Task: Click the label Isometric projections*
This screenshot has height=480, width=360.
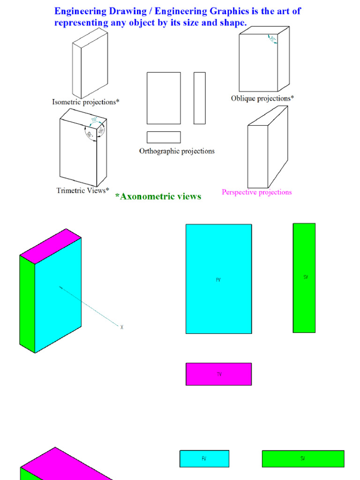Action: (85, 102)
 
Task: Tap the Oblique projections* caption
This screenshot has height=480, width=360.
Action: (262, 98)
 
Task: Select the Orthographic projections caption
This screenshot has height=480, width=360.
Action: (177, 151)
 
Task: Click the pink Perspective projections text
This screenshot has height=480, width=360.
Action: (256, 192)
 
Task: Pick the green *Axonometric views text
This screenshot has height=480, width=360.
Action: (158, 197)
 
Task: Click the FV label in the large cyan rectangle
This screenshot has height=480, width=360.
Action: (218, 280)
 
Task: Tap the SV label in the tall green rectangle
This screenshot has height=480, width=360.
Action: (306, 277)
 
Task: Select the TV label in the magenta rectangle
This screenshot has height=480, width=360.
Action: (219, 375)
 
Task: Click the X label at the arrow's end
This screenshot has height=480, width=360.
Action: (122, 328)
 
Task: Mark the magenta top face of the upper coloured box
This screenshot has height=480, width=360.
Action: (51, 246)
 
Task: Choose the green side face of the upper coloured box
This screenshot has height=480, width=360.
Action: (27, 305)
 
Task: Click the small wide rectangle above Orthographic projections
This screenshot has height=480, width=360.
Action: (164, 137)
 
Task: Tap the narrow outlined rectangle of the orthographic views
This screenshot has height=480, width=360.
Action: (200, 98)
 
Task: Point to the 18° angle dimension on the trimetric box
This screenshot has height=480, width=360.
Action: (94, 120)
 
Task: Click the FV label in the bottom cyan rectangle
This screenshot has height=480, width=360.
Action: (204, 459)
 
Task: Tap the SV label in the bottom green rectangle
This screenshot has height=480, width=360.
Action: (303, 459)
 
